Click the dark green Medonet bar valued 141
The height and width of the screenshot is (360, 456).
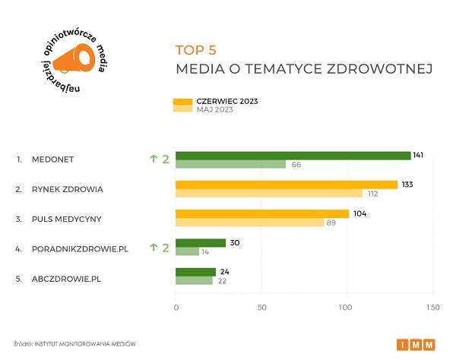tap(293, 156)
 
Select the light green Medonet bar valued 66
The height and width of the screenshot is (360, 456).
tap(230, 165)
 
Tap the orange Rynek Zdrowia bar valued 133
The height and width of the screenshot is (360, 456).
tap(287, 185)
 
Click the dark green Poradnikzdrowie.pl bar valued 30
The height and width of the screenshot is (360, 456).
tap(201, 243)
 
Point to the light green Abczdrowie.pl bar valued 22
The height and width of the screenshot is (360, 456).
tap(194, 281)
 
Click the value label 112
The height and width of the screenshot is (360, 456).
tap(373, 194)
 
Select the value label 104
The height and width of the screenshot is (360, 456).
tap(359, 213)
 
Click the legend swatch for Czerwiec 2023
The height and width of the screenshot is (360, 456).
tap(184, 101)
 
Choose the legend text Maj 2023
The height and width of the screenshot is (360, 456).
tap(214, 109)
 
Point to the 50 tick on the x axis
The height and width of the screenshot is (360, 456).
tap(261, 308)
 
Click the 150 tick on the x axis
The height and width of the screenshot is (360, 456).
tap(432, 308)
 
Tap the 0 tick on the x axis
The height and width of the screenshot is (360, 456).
tap(176, 308)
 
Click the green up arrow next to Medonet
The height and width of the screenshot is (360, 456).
tap(153, 159)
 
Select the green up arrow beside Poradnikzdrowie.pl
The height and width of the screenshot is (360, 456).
tap(153, 247)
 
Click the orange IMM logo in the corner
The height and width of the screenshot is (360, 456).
tap(416, 345)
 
